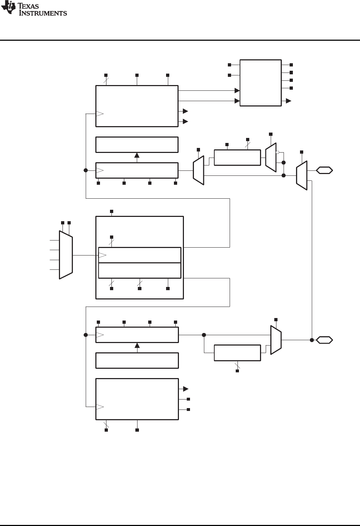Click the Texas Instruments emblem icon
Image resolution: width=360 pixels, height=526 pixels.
point(7,8)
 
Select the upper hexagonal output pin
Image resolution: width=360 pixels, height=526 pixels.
point(324,170)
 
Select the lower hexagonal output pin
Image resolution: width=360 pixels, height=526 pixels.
point(324,339)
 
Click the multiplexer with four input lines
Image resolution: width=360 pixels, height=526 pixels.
point(66,254)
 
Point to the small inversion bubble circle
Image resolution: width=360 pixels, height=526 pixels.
point(277,153)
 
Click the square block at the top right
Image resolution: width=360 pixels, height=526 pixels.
point(260,83)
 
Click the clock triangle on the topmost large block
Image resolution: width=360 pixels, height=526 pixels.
point(100,114)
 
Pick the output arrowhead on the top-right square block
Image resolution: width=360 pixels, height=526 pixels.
point(289,101)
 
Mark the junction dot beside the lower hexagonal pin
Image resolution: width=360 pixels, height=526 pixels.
point(312,339)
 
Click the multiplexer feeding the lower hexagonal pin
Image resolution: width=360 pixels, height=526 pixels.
point(276,340)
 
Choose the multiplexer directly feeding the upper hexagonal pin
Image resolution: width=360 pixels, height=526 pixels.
point(301,175)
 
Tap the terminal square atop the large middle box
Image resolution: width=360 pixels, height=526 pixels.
point(111,211)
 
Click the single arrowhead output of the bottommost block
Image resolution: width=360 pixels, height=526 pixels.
point(185,389)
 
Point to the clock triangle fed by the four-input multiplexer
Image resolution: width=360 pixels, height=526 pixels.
point(102,255)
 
